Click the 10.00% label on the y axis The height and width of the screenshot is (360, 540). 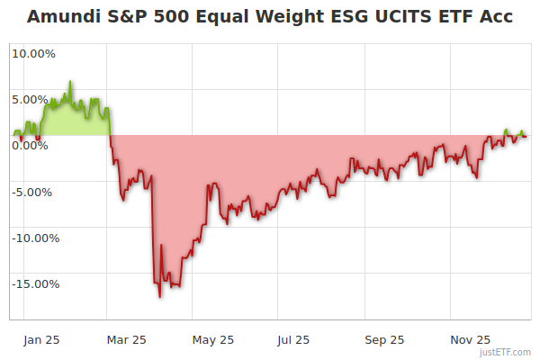pos(33,53)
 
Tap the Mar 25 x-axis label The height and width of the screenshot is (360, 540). pos(126,340)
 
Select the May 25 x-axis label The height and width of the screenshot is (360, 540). pos(213,340)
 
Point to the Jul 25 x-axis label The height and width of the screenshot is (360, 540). pos(292,340)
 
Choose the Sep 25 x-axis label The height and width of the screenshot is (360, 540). pos(384,340)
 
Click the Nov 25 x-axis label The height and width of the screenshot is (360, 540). pos(470,340)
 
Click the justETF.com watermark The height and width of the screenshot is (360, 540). pos(507,352)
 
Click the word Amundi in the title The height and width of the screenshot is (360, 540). pos(61,16)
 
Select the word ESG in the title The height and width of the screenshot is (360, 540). pos(329,16)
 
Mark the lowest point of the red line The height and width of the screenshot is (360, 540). pos(160,297)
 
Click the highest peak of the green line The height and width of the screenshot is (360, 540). pos(70,82)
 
